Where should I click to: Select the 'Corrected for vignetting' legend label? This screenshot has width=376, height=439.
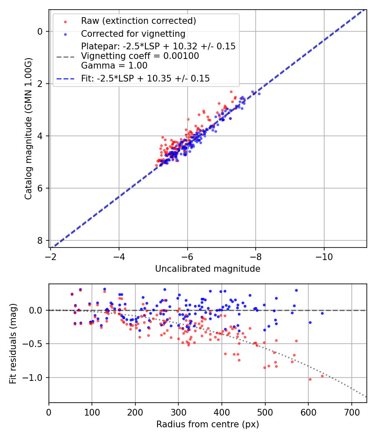133,34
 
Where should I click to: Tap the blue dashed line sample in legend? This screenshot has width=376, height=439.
66,78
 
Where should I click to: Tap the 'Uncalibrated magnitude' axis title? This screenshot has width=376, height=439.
208,269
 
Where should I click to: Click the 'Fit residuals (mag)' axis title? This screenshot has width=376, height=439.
13,344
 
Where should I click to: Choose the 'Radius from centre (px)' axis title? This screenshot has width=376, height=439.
208,424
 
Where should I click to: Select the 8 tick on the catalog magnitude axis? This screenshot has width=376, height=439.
40,240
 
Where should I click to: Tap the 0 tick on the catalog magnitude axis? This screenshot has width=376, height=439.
40,31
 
